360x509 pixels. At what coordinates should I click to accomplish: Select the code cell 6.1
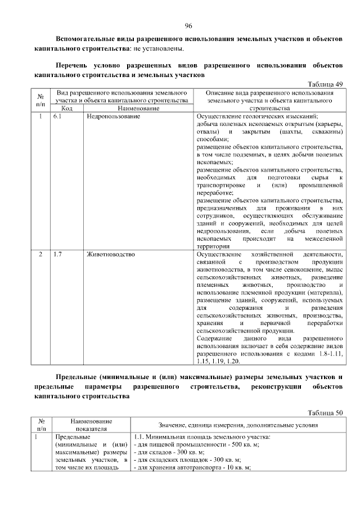[x=57, y=116]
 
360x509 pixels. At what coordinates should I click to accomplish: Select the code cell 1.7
[x=57, y=255]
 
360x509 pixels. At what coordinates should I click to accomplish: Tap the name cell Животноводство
[x=111, y=255]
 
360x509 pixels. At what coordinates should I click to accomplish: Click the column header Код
[x=66, y=107]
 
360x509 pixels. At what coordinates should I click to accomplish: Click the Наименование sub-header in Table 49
[x=138, y=107]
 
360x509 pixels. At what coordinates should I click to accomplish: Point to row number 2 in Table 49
[x=40, y=255]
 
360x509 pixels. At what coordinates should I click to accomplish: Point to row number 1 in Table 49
[x=40, y=116]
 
